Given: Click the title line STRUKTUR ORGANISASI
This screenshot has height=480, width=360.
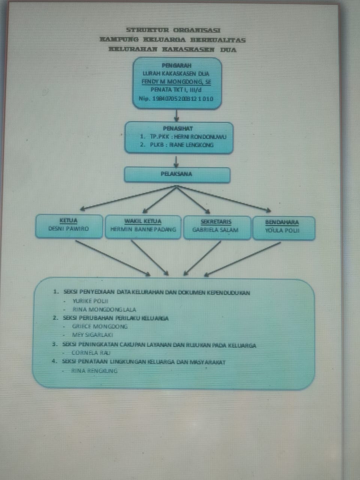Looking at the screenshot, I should tap(173, 30).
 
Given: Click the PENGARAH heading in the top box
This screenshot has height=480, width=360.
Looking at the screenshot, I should tap(177, 66).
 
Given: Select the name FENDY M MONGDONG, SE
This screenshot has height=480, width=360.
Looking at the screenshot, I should tap(177, 82).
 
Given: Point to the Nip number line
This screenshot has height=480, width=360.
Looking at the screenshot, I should tap(176, 99).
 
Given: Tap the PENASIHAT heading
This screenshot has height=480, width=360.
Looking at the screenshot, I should tap(178, 128).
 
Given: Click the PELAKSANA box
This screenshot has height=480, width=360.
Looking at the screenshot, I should tap(177, 175).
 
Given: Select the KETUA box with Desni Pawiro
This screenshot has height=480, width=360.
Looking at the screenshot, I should tap(69, 226).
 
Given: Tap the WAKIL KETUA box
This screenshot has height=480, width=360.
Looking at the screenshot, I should tap(143, 226).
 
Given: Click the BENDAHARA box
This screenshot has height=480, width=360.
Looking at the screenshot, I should tap(283, 227).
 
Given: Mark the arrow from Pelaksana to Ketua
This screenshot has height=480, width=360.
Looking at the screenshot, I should tap(127, 198).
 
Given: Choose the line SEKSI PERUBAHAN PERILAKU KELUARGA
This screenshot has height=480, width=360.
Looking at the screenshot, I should tap(116, 318).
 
